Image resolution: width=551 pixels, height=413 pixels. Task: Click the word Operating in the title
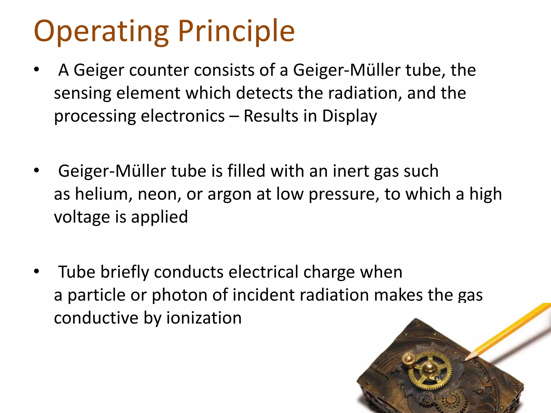(x=101, y=32)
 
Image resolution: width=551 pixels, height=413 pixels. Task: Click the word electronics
(x=183, y=116)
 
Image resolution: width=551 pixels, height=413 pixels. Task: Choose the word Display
(x=349, y=116)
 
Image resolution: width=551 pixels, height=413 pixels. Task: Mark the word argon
(x=229, y=194)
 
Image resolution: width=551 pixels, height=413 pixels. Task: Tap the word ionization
(x=204, y=318)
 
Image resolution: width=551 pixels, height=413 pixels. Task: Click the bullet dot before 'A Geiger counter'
(x=37, y=70)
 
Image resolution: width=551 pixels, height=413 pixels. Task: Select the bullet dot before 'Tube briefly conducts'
(x=37, y=272)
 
